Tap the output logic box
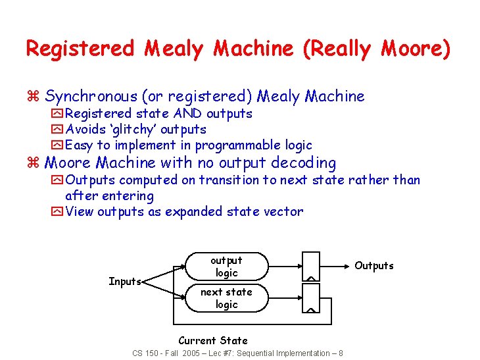click(226, 267)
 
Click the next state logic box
click(226, 298)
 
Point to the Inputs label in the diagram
click(125, 282)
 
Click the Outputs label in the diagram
click(374, 266)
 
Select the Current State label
click(213, 340)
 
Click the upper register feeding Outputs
click(310, 266)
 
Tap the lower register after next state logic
click(310, 298)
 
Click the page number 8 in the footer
click(340, 353)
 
